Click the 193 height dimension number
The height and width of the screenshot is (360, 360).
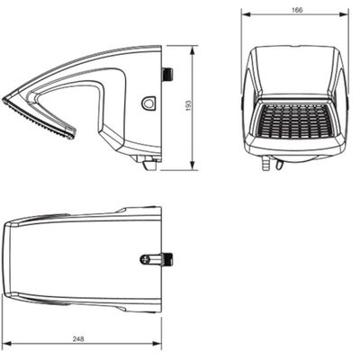pyautogui.click(x=188, y=105)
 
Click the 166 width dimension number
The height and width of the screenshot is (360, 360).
pyautogui.click(x=297, y=10)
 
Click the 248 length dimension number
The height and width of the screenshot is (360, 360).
pyautogui.click(x=78, y=338)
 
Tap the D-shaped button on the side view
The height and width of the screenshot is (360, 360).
pyautogui.click(x=148, y=103)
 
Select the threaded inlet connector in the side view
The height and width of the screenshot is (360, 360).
pyautogui.click(x=167, y=74)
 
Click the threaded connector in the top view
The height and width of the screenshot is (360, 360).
pyautogui.click(x=167, y=259)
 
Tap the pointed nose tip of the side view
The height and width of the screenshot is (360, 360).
pyautogui.click(x=4, y=99)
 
